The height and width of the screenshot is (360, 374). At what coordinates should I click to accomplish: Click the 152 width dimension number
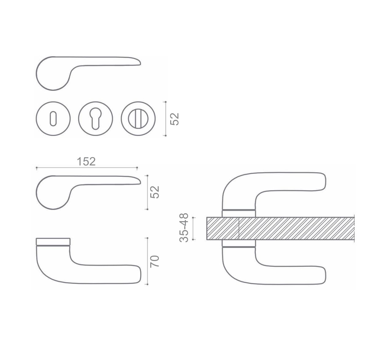tap(86, 161)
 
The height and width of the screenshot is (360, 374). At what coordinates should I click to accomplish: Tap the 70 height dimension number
tap(155, 261)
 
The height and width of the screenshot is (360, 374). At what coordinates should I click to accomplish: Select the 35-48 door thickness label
tap(183, 228)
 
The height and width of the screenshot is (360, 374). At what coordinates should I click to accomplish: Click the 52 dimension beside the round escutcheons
tap(175, 119)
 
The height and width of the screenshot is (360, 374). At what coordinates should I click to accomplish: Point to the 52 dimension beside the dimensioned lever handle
tap(155, 192)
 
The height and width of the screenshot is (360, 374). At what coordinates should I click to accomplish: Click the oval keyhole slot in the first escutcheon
tap(53, 118)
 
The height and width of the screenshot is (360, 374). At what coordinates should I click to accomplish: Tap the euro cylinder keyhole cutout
tap(96, 118)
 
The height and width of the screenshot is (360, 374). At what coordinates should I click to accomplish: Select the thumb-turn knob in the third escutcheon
tap(138, 118)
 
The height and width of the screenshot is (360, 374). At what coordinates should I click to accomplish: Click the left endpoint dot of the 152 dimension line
tap(37, 168)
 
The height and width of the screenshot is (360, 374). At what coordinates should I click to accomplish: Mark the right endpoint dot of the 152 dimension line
tap(137, 168)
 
